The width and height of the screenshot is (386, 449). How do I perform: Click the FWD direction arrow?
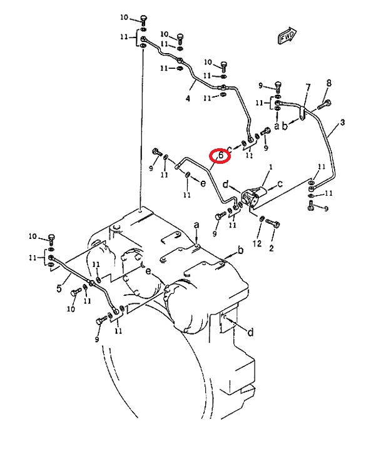pos(287,35)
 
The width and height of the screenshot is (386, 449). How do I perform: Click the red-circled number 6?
pos(221,156)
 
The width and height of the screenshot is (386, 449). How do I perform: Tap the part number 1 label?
pos(270,167)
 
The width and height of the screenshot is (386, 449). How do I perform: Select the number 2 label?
pos(272,248)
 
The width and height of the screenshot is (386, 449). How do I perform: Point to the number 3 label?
pos(342,123)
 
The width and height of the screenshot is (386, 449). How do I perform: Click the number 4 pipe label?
pos(188,99)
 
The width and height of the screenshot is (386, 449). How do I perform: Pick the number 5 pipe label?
pos(59,288)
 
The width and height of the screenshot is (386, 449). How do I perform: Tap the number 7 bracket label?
pos(308,87)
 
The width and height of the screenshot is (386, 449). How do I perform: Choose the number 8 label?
pos(329,83)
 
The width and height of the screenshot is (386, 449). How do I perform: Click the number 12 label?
pos(257,243)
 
